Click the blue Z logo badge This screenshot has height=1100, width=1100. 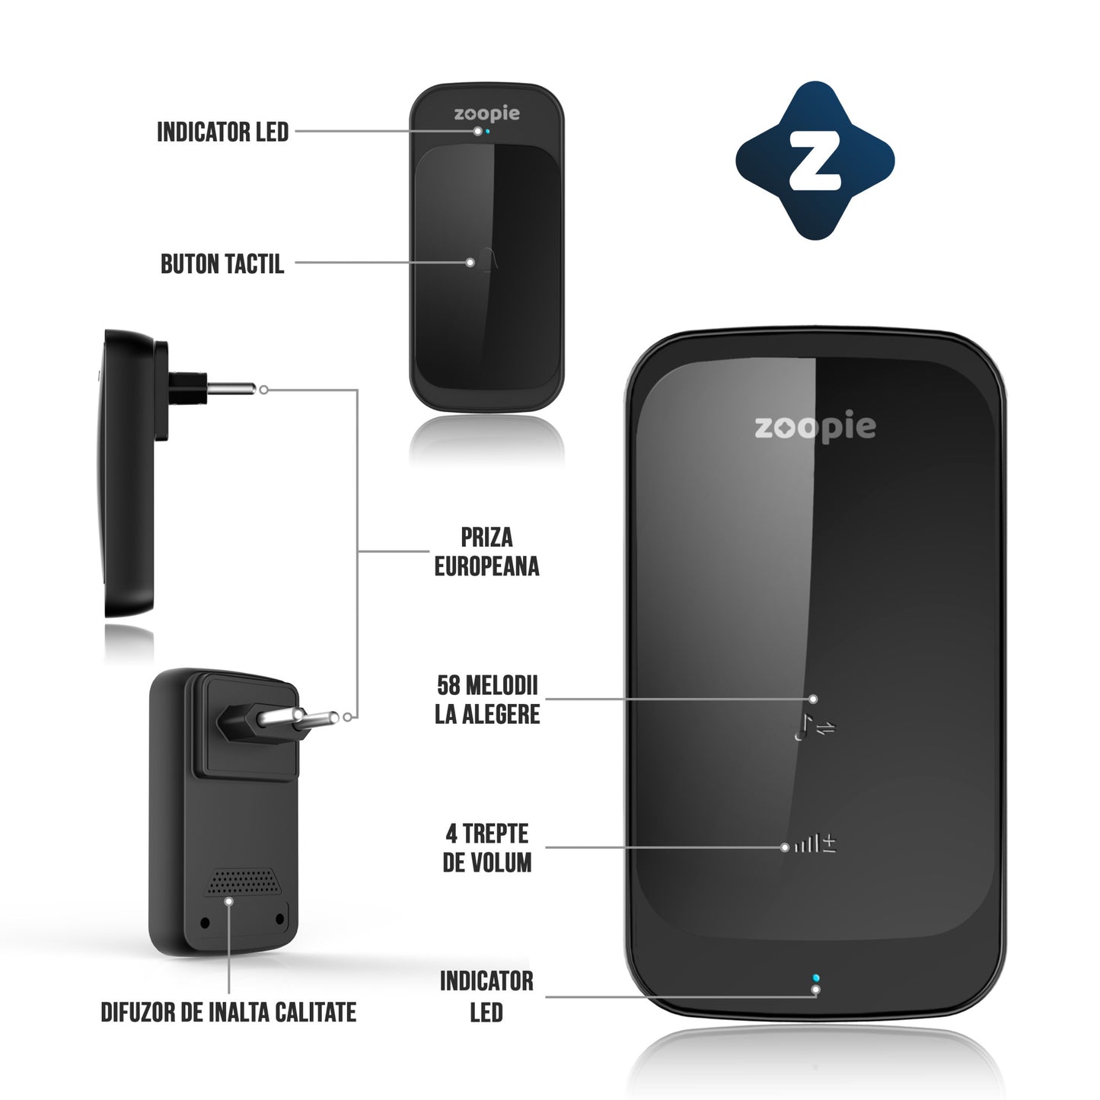pos(815,161)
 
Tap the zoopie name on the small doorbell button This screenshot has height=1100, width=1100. pos(486,114)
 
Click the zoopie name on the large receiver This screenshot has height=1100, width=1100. pos(815,428)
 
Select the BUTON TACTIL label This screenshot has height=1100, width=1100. pos(222,264)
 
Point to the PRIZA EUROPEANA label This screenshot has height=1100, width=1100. pos(486,552)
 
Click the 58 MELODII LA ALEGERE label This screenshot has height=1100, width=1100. pos(487,700)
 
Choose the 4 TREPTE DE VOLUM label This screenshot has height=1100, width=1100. pos(487,848)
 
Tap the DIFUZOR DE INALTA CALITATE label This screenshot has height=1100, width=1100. pos(228,1012)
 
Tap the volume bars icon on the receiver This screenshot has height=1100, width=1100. pos(808,843)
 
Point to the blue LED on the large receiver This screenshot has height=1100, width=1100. pos(816,977)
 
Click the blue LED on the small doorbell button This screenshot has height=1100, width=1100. pos(487,131)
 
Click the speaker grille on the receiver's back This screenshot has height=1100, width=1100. pos(243,882)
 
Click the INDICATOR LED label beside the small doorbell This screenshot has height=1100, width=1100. pos(222,132)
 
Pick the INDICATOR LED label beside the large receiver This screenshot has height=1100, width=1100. pos(486,996)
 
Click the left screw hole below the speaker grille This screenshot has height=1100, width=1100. pos(205,923)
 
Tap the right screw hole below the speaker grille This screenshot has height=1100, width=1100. pos(279,920)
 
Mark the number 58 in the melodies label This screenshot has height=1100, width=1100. pos(448,685)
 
